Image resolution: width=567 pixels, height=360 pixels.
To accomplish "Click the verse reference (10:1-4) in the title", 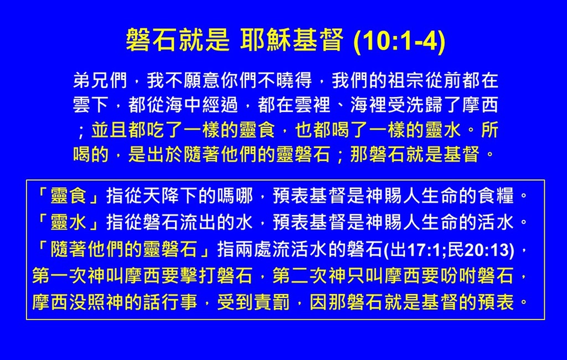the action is tap(399, 40).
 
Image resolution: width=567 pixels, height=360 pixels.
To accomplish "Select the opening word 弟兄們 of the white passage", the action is tap(100, 80).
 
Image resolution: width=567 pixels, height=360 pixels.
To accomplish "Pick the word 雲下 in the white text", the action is tap(91, 105).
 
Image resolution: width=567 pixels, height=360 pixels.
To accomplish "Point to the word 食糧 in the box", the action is tap(496, 196).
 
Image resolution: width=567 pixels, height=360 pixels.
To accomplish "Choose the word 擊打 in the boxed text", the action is tap(198, 276).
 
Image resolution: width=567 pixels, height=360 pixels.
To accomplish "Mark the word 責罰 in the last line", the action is tap(272, 302).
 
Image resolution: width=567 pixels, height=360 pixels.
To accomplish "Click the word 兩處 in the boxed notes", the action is tap(254, 250).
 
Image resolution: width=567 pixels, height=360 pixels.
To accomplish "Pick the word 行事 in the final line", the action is tap(180, 302).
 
